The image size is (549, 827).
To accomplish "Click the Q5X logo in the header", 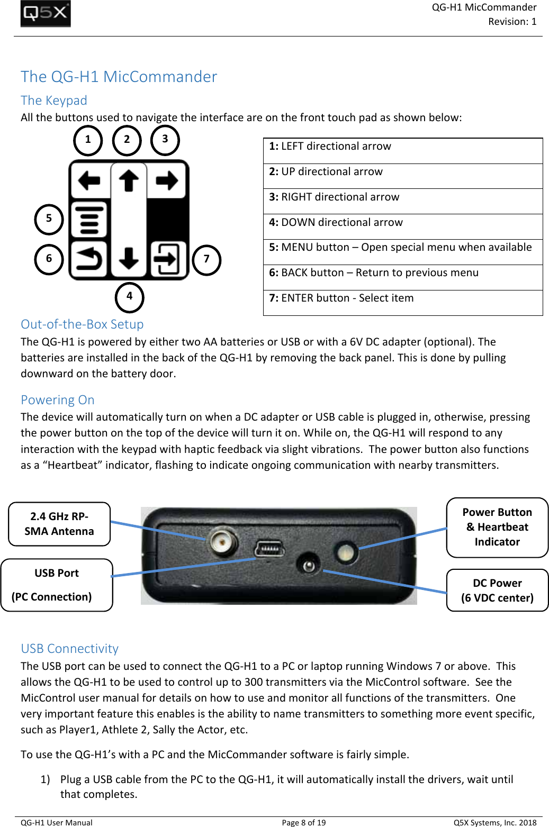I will [46, 14].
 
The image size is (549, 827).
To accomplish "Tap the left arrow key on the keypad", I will [89, 181].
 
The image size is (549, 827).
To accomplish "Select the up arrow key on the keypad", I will [129, 180].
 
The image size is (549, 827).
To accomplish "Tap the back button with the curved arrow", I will [89, 259].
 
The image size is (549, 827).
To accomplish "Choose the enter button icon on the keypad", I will [168, 259].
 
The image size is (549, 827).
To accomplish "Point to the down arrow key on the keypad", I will [129, 259].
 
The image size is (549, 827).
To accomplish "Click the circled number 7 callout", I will [206, 260].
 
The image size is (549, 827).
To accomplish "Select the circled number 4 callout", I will [129, 297].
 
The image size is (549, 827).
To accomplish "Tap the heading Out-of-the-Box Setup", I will [82, 324].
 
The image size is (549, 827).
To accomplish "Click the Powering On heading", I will [58, 400].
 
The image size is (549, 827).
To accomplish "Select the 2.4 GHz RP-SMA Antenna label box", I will [59, 524].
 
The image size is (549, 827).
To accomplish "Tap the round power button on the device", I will [346, 552].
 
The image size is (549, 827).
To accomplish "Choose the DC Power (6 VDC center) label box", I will [497, 590].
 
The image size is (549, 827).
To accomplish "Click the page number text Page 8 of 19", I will [304, 822].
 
